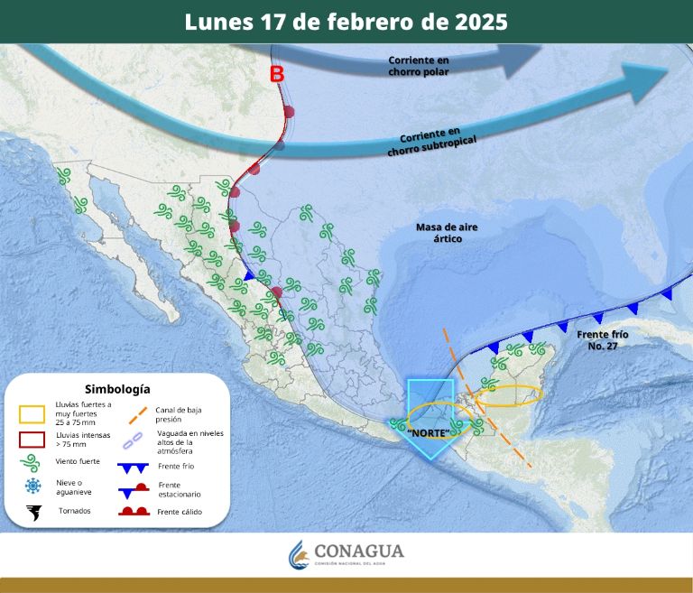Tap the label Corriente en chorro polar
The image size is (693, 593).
[x=418, y=66]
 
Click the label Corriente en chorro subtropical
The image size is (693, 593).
[x=430, y=143]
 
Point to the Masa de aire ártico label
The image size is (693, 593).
[x=439, y=232]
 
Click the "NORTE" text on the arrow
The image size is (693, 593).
[x=430, y=433]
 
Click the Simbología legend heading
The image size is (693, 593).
[x=117, y=388]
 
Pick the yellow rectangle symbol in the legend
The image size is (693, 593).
[x=32, y=414]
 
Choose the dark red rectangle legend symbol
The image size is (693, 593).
[x=32, y=440]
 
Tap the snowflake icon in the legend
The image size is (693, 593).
[x=33, y=486]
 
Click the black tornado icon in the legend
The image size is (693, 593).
[x=33, y=513]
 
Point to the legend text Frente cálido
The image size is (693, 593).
[x=180, y=513]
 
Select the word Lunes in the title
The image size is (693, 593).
[x=215, y=22]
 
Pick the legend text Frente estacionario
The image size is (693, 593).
[x=179, y=490]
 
